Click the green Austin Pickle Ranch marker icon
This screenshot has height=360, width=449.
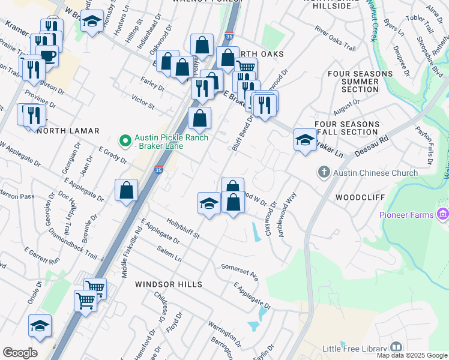[x=125, y=142]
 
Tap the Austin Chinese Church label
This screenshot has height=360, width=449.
[x=376, y=173]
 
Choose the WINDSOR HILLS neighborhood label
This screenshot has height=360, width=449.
[x=168, y=284]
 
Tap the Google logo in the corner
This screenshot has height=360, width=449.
[x=20, y=353]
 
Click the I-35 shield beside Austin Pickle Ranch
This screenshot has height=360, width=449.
[x=159, y=170]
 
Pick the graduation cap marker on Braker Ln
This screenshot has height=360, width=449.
[x=305, y=140]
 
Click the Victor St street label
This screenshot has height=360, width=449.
[x=143, y=101]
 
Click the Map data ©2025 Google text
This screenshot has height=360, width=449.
[x=411, y=355]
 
